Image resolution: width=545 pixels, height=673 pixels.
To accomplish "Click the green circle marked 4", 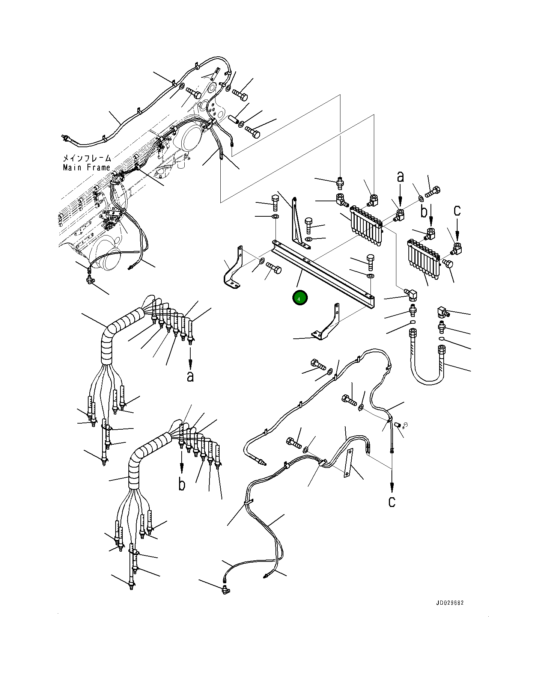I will tap(300, 298).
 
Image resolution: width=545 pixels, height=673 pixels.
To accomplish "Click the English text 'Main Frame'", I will tap(87, 167).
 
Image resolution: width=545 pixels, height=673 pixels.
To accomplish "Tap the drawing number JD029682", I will tap(450, 603).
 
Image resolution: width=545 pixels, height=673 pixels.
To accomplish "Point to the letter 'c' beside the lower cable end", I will tap(392, 501).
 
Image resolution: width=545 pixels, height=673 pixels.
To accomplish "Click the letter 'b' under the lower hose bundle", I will tap(182, 484).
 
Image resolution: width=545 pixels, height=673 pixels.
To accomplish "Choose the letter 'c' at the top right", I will tap(457, 210).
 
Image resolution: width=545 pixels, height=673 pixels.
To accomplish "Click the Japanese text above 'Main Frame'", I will tap(87, 158).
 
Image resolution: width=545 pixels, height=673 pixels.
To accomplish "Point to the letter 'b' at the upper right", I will tap(424, 212).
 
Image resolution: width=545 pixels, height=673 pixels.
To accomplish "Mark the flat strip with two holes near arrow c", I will tap(348, 463).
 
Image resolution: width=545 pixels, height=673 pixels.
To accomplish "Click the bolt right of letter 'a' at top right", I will tap(434, 192).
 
